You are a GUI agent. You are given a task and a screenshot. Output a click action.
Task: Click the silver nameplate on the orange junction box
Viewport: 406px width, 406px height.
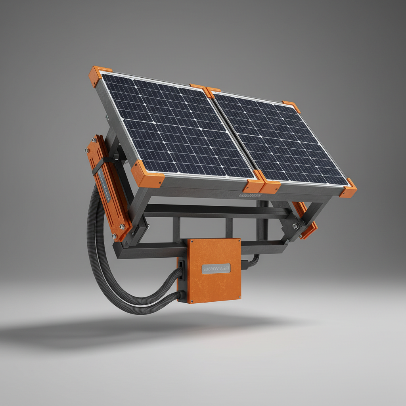coord(216,268)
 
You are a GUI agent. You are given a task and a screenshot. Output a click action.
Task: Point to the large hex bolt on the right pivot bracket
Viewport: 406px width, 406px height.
coord(295,226)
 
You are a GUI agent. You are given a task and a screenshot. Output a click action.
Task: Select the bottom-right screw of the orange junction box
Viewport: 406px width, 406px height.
coord(238,297)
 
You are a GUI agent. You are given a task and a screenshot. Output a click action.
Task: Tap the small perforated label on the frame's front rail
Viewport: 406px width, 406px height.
coord(249,195)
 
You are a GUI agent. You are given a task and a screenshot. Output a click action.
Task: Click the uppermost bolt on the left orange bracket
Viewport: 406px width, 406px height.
coord(95,140)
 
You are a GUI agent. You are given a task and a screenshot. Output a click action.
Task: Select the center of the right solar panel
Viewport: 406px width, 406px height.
coord(280,141)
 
